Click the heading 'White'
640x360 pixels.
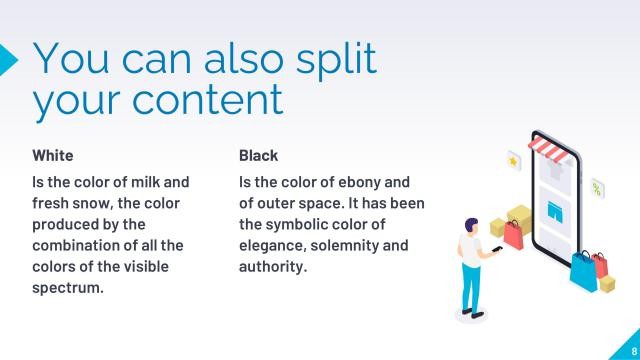pos(53,156)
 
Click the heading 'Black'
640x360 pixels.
pos(258,156)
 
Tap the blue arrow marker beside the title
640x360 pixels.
pos(8,59)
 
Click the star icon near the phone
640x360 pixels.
pos(514,159)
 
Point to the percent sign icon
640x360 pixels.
pos(597,187)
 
